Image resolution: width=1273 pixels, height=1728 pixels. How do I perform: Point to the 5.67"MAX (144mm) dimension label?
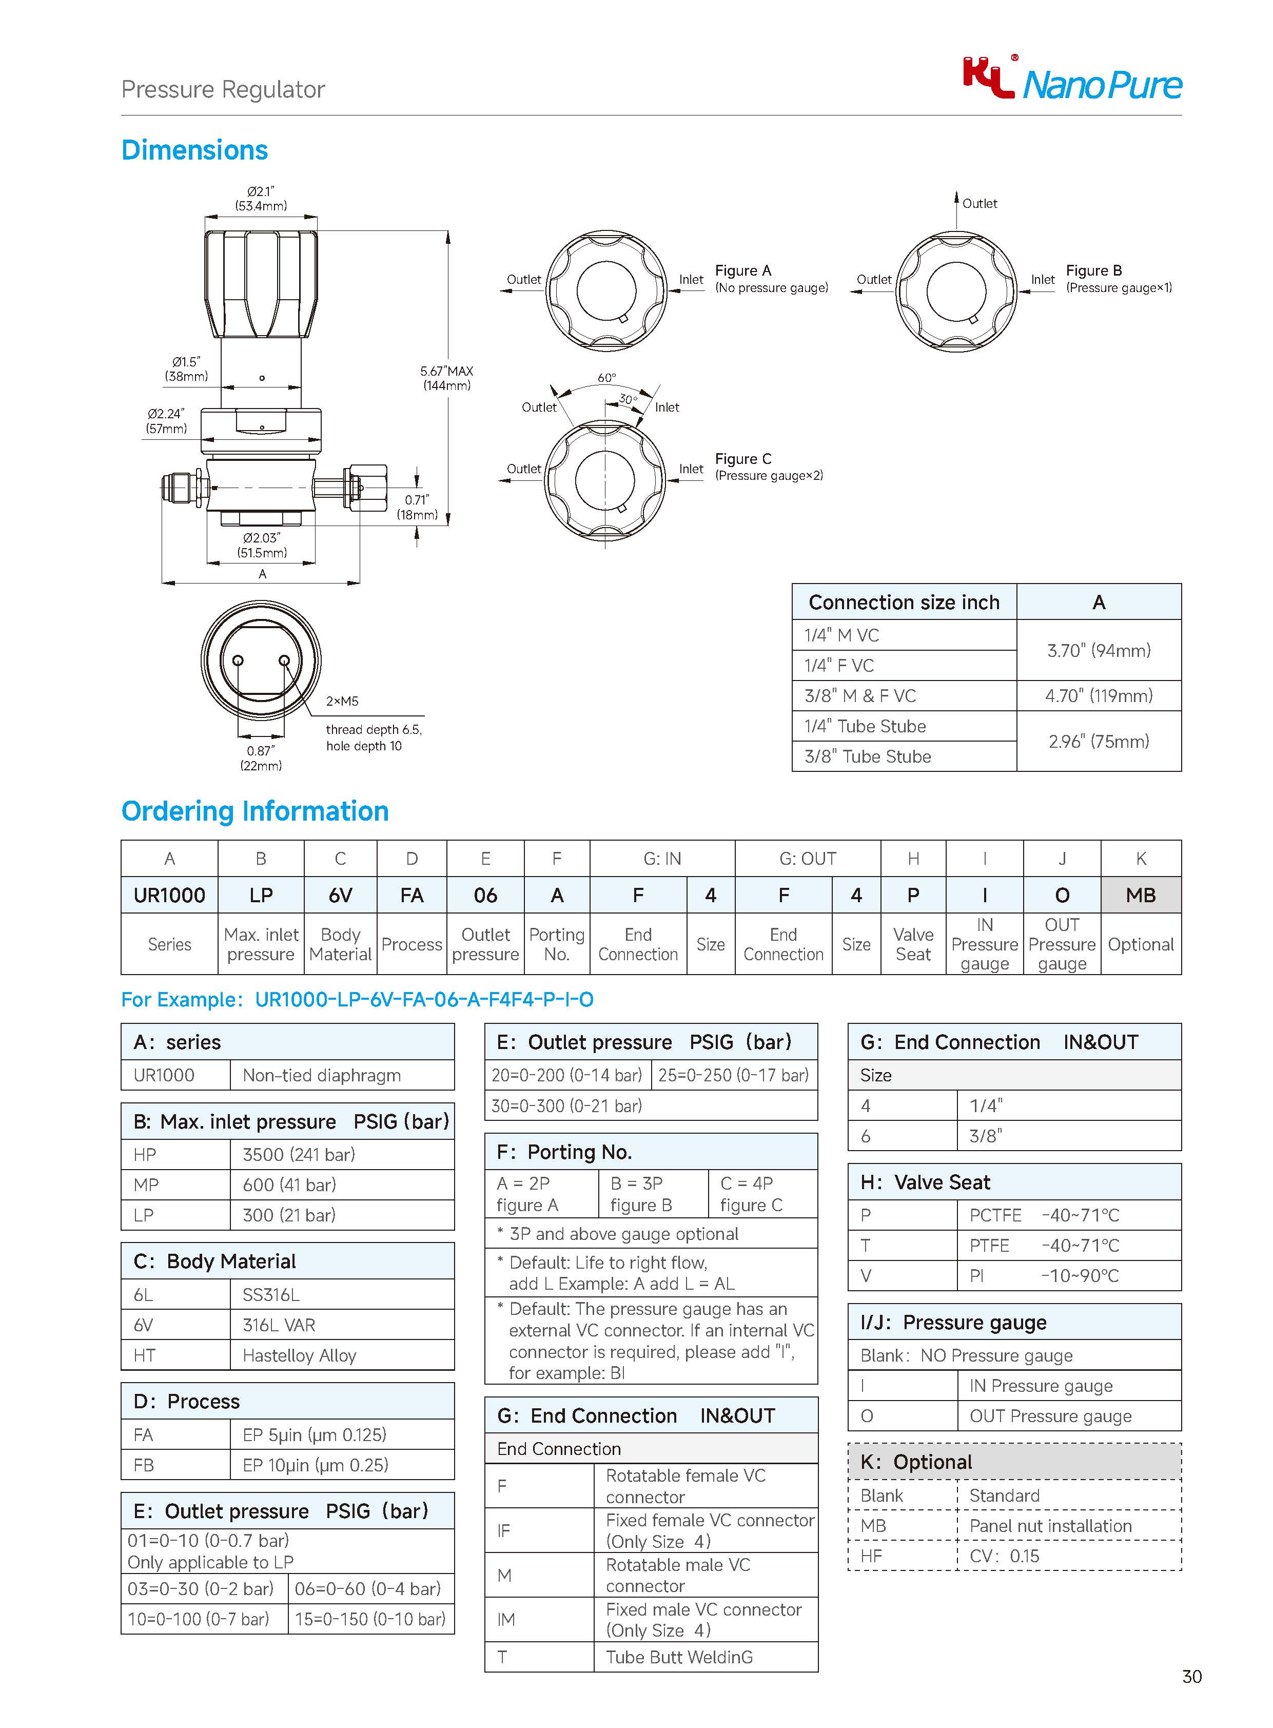[x=446, y=378]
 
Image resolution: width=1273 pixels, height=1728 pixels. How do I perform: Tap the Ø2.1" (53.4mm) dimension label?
[x=261, y=199]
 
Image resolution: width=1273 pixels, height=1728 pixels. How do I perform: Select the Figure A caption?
[x=771, y=278]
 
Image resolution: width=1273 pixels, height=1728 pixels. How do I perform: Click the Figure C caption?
[x=768, y=467]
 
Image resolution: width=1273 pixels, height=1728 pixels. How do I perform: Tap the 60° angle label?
[x=606, y=378]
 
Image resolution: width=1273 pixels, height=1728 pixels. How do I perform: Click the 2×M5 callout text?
[x=342, y=701]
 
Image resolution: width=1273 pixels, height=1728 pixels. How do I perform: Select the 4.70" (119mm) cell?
[x=1098, y=696]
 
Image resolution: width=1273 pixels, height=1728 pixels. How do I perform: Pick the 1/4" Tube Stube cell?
[x=865, y=726]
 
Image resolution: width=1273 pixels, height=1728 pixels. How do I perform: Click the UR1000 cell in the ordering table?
[x=169, y=895]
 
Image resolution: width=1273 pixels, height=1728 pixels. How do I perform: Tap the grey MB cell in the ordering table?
[x=1141, y=895]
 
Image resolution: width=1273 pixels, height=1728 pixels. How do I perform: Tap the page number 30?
[x=1191, y=1676]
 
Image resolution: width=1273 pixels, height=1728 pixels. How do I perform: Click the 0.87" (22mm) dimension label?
[x=261, y=758]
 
